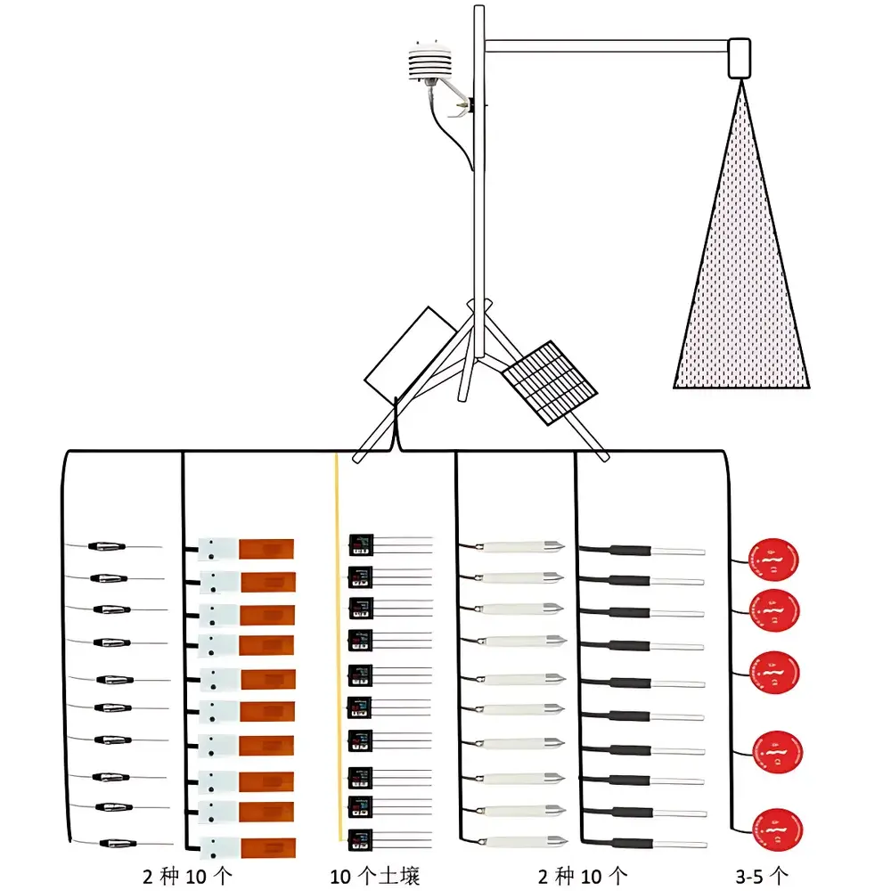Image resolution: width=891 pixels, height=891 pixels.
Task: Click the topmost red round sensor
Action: [773, 560]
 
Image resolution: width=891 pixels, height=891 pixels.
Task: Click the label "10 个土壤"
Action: [373, 876]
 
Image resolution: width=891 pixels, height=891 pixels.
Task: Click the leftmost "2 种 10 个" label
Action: [187, 876]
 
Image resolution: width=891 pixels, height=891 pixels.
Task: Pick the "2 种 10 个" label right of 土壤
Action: [582, 876]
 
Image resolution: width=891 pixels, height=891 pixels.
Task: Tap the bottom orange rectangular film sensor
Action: [266, 845]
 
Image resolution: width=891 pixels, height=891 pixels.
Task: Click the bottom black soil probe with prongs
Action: [361, 838]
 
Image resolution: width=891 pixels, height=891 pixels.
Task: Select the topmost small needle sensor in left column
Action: [111, 546]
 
